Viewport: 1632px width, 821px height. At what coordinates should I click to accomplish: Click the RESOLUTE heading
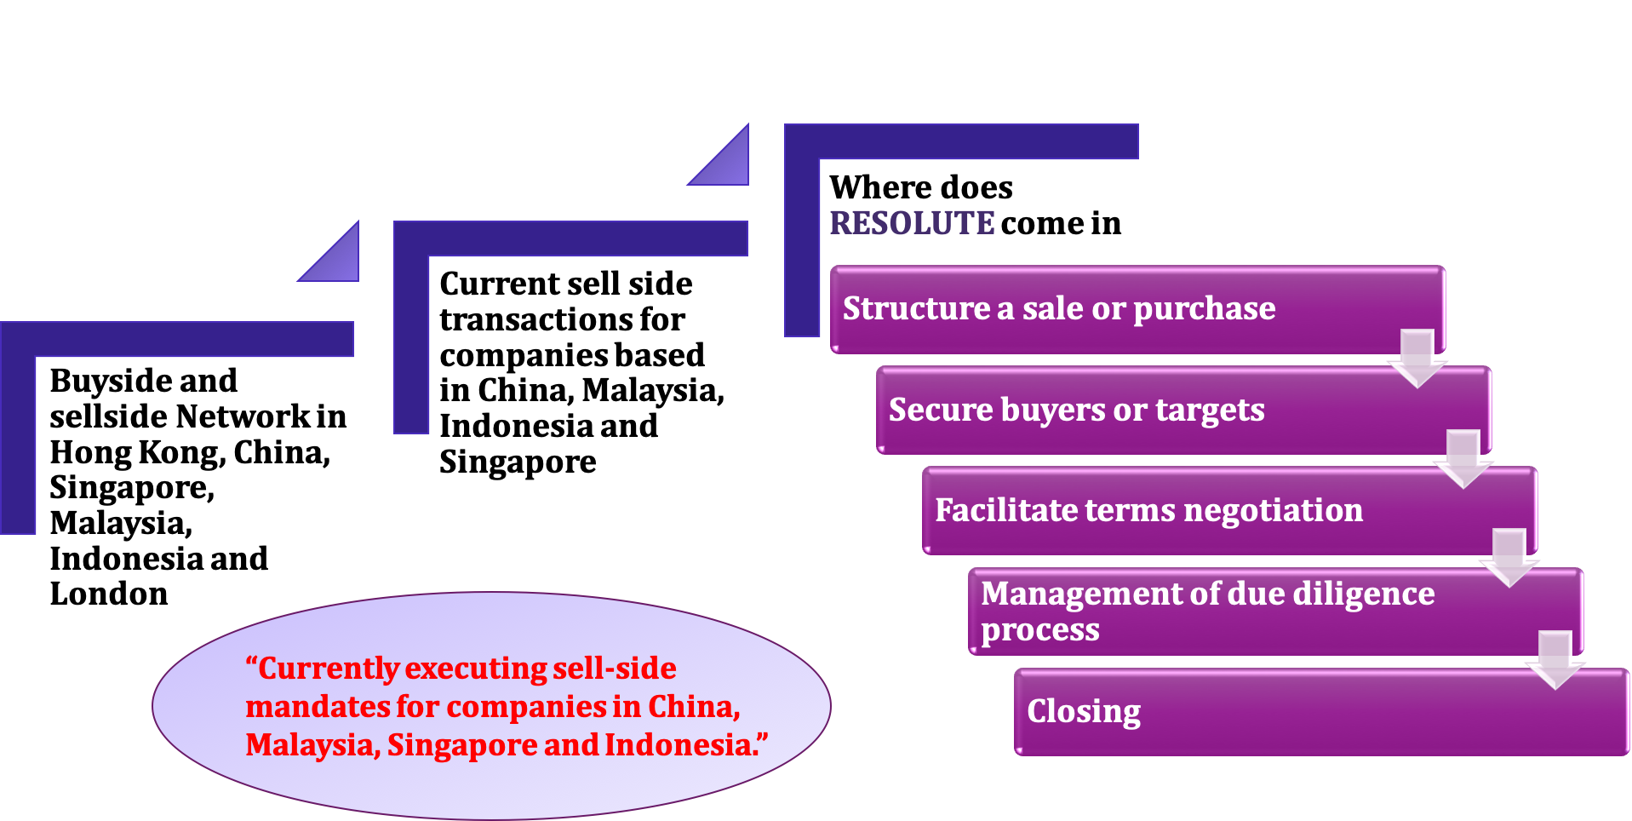point(912,223)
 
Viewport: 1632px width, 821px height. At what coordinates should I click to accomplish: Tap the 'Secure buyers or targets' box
point(1149,410)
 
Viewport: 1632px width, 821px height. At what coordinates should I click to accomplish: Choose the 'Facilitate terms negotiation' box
point(1192,511)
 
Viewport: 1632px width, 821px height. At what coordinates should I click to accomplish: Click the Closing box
point(1320,712)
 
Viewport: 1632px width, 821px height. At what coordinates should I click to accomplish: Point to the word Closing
point(1084,712)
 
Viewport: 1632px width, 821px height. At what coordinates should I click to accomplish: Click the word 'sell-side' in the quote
point(614,669)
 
